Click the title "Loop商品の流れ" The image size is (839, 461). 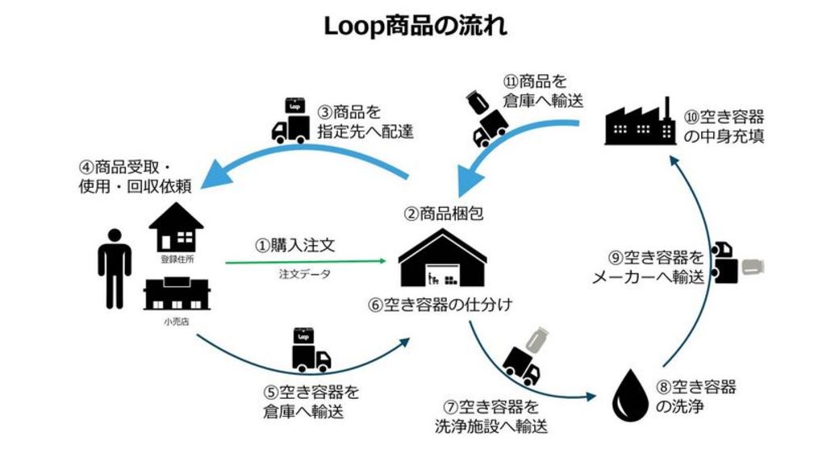click(415, 26)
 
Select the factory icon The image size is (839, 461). click(641, 123)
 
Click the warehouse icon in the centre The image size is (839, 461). click(443, 257)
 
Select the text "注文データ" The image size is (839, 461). click(304, 275)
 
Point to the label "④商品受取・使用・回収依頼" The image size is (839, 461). click(137, 177)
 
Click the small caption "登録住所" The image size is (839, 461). click(177, 260)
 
